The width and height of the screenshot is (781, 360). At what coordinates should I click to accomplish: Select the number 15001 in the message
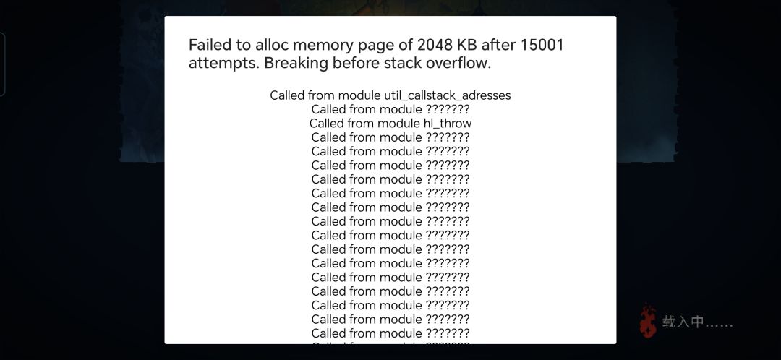[542, 46]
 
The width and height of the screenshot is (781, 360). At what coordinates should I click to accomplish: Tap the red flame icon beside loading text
[648, 321]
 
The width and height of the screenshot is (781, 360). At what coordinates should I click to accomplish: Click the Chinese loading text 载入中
[683, 322]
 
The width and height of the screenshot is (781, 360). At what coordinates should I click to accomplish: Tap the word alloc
[272, 46]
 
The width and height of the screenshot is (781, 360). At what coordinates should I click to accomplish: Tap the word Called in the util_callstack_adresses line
[287, 95]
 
